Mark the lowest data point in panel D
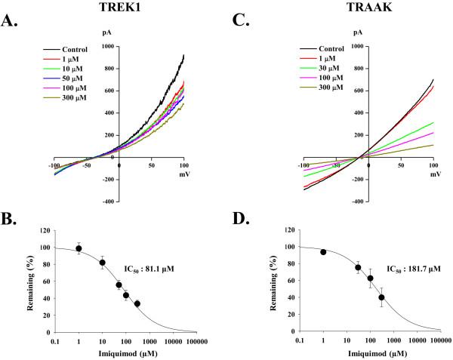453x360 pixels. pyautogui.click(x=382, y=297)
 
